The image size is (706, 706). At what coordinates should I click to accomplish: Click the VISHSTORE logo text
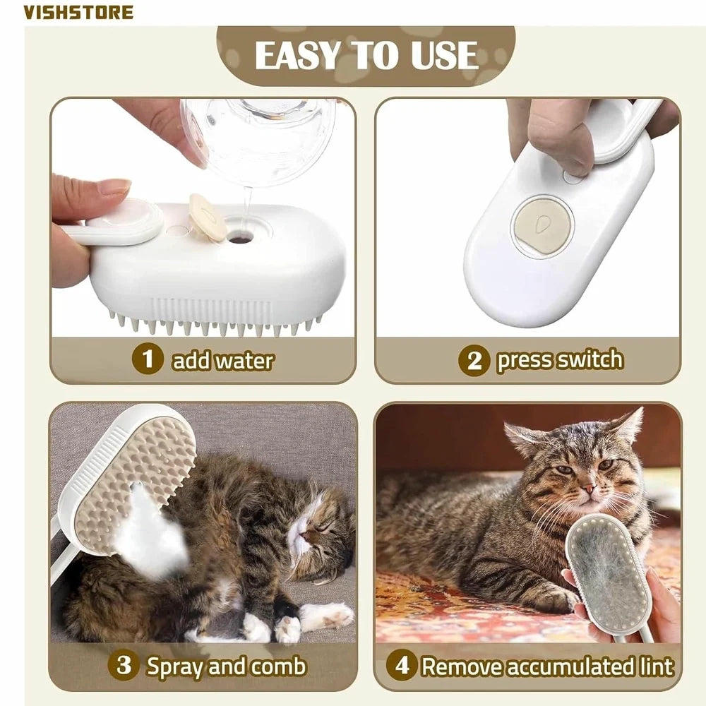(x=78, y=12)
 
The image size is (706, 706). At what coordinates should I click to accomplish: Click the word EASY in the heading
(x=297, y=56)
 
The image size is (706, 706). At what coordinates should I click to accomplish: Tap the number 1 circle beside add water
(x=148, y=359)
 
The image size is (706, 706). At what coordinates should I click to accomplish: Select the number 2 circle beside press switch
(x=474, y=361)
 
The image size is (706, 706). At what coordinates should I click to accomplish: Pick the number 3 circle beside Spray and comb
(x=124, y=665)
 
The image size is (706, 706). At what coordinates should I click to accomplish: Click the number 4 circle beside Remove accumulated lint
(x=401, y=666)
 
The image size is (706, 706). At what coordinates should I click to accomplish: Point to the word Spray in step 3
(x=176, y=665)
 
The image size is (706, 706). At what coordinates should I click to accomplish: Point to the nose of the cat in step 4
(x=586, y=488)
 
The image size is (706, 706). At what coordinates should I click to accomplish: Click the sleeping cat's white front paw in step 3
(x=327, y=616)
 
